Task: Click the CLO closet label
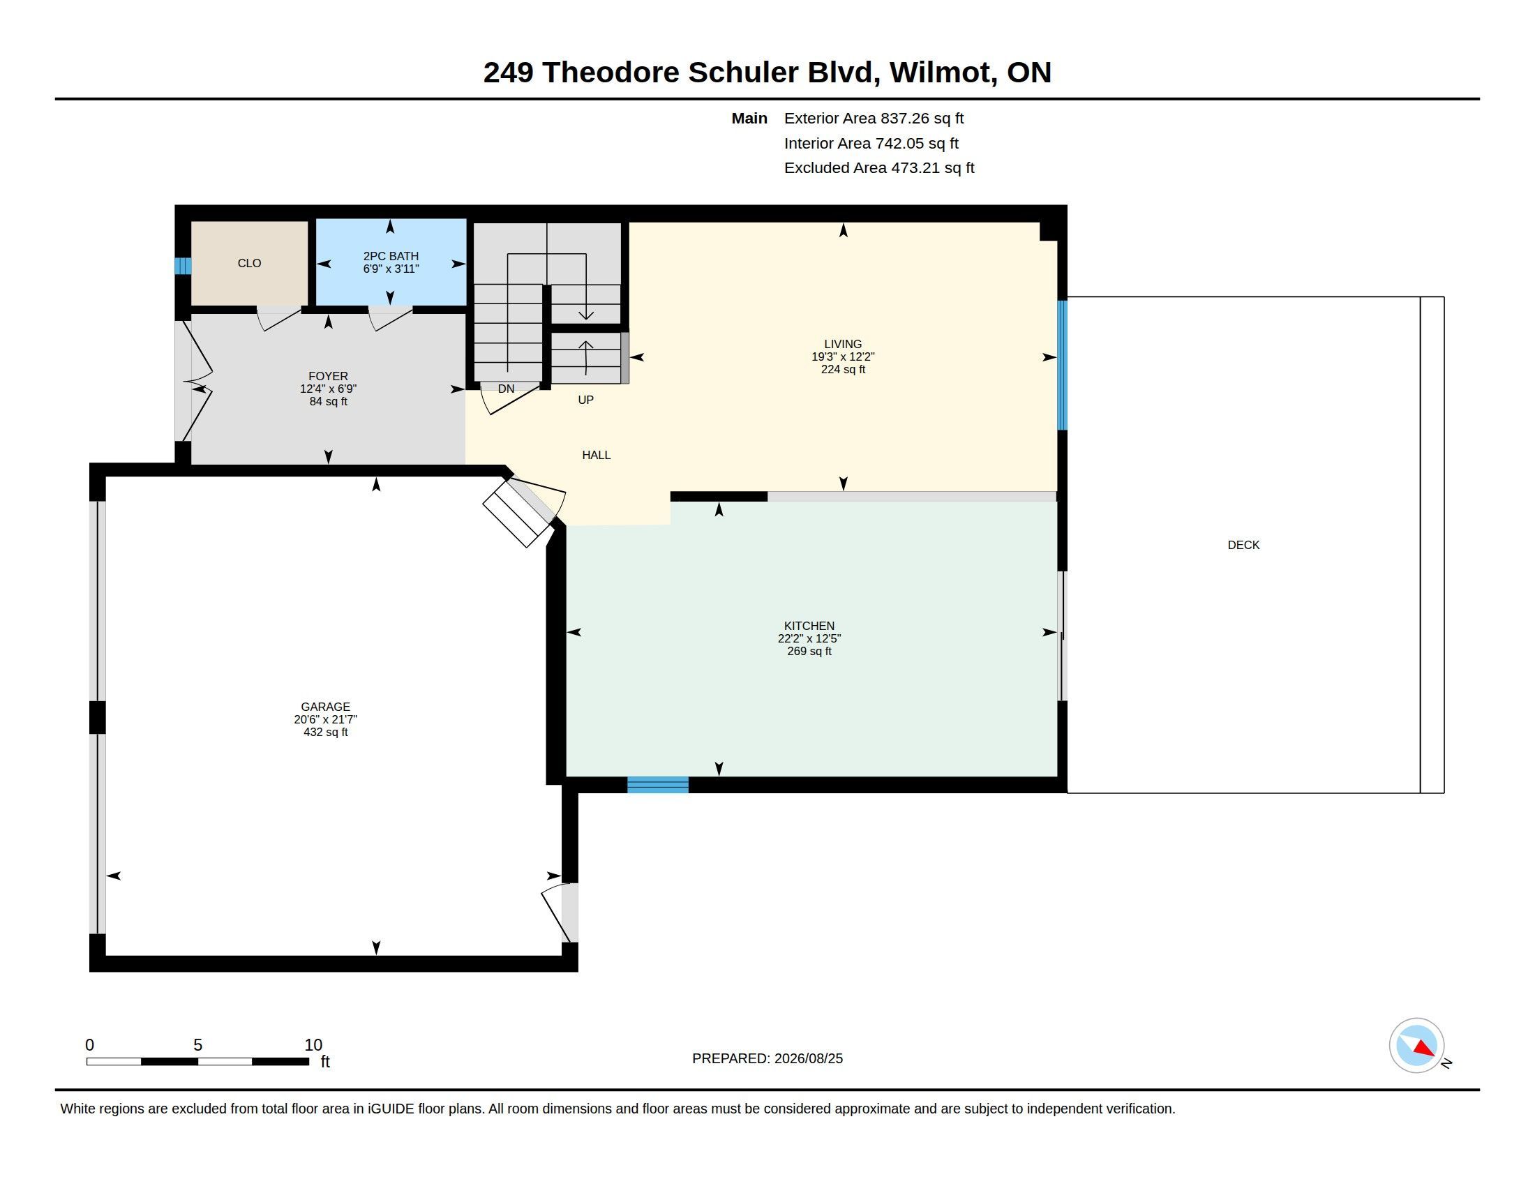249,264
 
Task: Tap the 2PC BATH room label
391,257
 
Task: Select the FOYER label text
328,377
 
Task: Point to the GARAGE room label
325,707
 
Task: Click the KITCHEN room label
809,626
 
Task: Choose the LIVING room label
843,344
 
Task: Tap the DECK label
1243,546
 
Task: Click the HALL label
596,456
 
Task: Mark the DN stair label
506,389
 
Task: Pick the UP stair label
585,400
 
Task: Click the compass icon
1417,1046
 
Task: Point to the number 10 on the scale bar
313,1045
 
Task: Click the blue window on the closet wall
183,267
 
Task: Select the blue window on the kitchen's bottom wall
658,785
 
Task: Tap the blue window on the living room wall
1063,366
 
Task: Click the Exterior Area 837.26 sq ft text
874,119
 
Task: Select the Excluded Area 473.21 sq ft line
879,168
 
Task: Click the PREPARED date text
767,1059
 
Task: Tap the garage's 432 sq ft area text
325,732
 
